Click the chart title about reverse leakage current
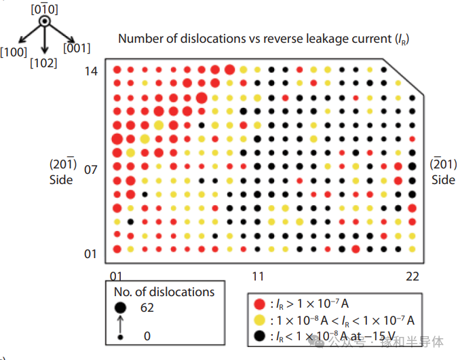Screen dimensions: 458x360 pos(263,39)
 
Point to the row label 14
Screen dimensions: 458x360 pos(91,71)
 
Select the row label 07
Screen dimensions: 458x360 pos(90,170)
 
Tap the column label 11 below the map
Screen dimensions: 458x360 pos(259,276)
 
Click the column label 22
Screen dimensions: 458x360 pos(413,276)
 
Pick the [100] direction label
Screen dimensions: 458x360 pos(14,52)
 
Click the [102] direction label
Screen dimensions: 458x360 pos(43,63)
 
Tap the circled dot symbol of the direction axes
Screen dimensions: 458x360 pos(44,21)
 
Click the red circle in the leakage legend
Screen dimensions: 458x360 pos(259,304)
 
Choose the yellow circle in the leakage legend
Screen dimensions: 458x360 pos(259,320)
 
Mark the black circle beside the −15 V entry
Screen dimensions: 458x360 pos(259,336)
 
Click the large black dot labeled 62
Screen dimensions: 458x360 pos(120,308)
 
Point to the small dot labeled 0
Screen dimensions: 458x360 pos(120,338)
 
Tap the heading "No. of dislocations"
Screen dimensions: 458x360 pos(164,292)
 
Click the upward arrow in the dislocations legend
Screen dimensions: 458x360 pos(120,324)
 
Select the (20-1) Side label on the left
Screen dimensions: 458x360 pos(63,172)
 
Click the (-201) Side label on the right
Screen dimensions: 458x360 pos(443,172)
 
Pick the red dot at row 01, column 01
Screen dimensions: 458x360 pos(117,249)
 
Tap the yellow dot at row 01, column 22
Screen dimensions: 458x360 pos(412,249)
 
